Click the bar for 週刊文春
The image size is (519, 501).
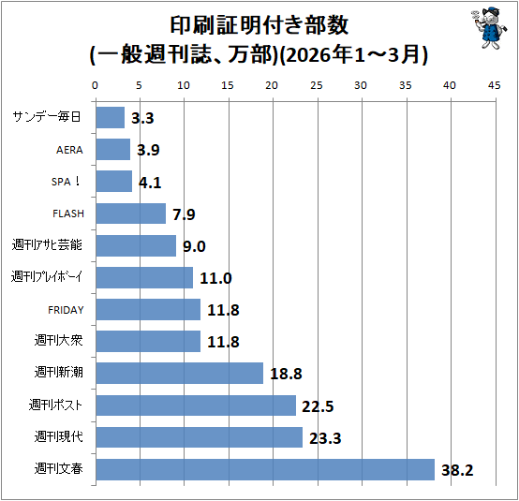pos(265,469)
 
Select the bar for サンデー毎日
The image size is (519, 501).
pos(111,117)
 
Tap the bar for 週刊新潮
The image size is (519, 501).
pos(180,373)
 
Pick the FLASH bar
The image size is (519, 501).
pos(131,214)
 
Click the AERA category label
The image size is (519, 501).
pos(69,150)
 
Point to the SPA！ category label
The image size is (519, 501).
pos(66,182)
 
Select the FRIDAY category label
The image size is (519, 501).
pos(66,310)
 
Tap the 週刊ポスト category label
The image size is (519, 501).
pos(55,405)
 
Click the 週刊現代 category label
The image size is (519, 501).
pos(59,436)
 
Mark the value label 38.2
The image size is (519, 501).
pos(457,470)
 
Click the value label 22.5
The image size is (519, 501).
pos(318,406)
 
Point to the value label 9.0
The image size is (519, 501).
pos(194,246)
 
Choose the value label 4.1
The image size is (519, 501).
pos(150,183)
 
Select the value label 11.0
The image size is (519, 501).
pos(215,278)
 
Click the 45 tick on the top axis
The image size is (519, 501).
pos(495,85)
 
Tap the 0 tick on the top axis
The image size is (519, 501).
pos(95,85)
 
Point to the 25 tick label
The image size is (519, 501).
pos(317,85)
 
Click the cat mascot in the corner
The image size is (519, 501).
pos(489,29)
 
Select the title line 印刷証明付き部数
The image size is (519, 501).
pos(259,25)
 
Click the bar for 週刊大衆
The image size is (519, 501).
pos(148,341)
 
